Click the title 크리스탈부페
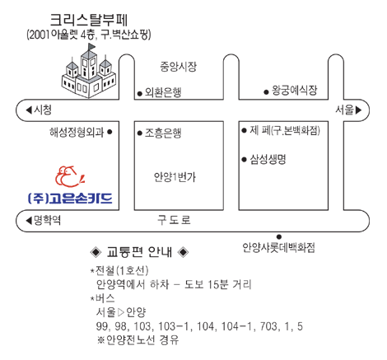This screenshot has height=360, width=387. [89, 20]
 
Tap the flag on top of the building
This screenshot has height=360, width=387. [91, 47]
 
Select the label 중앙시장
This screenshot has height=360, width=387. [179, 67]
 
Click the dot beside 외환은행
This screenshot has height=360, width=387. [140, 94]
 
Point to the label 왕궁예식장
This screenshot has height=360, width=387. [295, 90]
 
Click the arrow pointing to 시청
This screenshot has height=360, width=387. [29, 110]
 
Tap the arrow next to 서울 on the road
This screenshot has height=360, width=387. [358, 110]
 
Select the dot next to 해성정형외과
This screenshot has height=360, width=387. [110, 132]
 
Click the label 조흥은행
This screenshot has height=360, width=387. [163, 133]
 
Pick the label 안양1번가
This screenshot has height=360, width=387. [175, 177]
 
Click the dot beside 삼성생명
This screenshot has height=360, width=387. [244, 159]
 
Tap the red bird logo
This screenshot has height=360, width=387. [70, 176]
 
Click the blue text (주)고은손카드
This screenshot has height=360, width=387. [71, 199]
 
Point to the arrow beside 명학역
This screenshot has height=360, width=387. [29, 221]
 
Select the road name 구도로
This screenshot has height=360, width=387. [174, 220]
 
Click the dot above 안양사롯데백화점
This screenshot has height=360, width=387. [279, 236]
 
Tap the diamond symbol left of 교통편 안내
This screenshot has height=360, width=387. [96, 252]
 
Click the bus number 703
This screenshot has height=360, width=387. [269, 326]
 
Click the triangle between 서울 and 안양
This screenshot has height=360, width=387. [121, 312]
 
